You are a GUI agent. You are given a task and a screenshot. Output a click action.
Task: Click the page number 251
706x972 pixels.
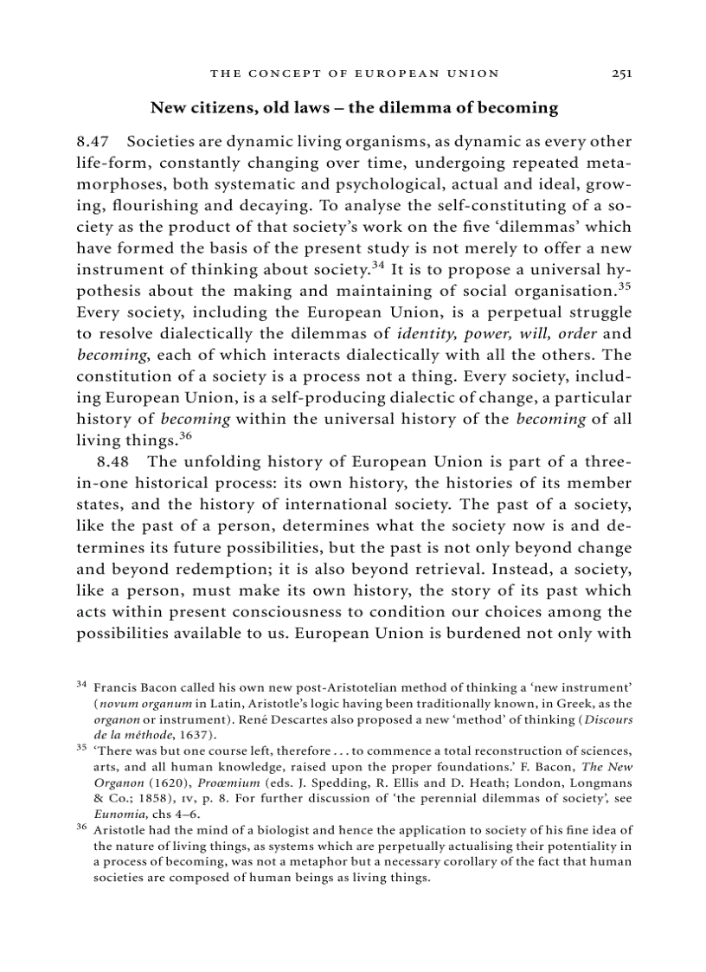tap(621, 74)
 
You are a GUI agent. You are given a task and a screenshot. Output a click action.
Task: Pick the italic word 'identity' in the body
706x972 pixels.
tap(427, 333)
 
